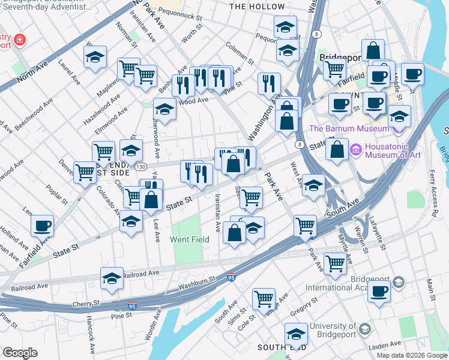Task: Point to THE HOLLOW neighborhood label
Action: pyautogui.click(x=257, y=7)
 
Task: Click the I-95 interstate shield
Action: pyautogui.click(x=232, y=278)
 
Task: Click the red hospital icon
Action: pyautogui.click(x=20, y=40)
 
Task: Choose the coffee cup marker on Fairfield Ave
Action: pyautogui.click(x=42, y=226)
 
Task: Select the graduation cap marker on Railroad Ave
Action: pyautogui.click(x=112, y=278)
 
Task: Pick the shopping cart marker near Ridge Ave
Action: pyautogui.click(x=264, y=298)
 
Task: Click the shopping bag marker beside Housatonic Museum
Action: pyautogui.click(x=338, y=149)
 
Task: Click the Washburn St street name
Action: pyautogui.click(x=196, y=280)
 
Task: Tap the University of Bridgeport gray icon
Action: pyautogui.click(x=364, y=328)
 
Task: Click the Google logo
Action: pyautogui.click(x=20, y=353)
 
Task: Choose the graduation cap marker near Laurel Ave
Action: pyautogui.click(x=95, y=57)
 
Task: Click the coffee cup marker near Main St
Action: pyautogui.click(x=379, y=291)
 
